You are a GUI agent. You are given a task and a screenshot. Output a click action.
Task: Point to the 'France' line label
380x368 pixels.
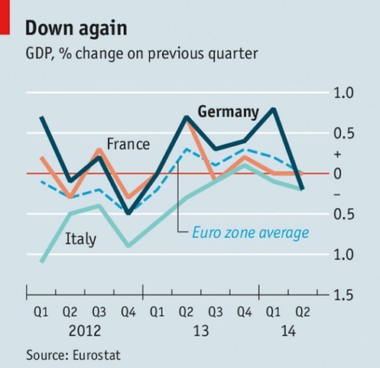128,143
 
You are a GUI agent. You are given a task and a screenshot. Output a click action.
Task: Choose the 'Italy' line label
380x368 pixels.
81,239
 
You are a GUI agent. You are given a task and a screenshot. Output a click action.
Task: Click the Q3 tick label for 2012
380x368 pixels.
99,313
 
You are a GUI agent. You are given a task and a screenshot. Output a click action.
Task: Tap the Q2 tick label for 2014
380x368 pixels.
304,313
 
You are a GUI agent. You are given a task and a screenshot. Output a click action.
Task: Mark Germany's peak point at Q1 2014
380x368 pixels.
274,109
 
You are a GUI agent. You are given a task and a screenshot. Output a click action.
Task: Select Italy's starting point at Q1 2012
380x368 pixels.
41,262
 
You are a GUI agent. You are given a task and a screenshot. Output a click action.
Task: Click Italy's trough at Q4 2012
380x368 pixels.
128,246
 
